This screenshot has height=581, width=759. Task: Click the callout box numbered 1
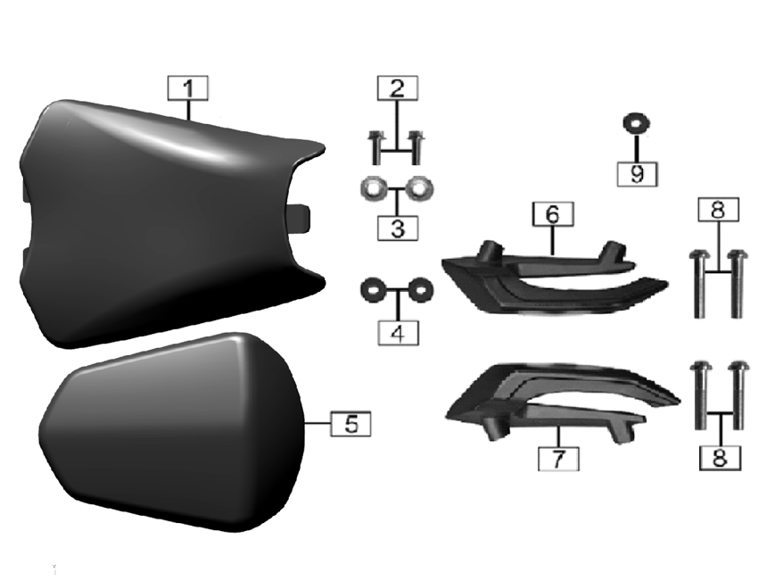coord(188,88)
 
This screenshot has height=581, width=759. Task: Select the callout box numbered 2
coord(398,88)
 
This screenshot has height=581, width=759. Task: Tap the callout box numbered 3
coord(398,228)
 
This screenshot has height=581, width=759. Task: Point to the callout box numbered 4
coord(398,333)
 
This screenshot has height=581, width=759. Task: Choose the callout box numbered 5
coord(351,424)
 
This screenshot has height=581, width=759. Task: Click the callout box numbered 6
coord(553,213)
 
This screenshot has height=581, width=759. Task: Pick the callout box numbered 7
coord(558,458)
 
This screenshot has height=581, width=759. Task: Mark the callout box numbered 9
coord(637,174)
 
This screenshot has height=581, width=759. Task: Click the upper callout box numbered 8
coord(718,210)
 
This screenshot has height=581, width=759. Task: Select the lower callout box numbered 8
coord(720,458)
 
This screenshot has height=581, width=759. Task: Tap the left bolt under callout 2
coord(376,147)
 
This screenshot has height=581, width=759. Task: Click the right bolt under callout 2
coord(417,147)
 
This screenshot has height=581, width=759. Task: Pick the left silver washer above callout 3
coord(374,189)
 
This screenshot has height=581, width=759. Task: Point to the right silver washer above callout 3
coord(420,189)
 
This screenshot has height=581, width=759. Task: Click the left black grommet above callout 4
coord(374,290)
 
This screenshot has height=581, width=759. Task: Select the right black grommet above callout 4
coord(421,290)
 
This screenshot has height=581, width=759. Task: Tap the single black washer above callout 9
coord(636,124)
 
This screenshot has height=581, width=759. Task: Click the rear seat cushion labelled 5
coord(172,431)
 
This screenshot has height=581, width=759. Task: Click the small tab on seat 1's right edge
coord(299,218)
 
